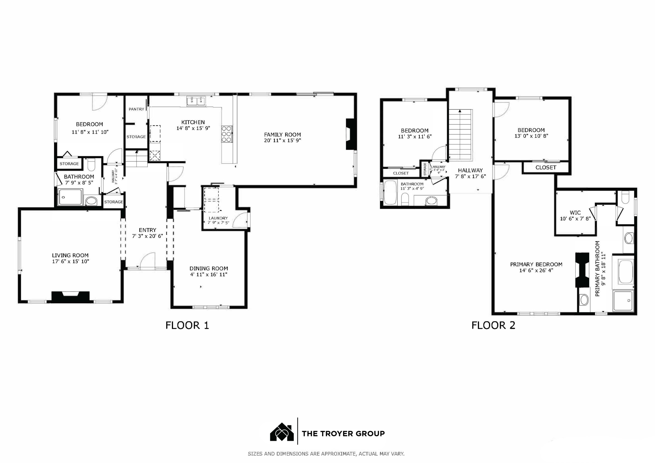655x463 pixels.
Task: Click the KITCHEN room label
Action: tap(193, 122)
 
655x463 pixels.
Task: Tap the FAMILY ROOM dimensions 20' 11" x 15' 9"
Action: tap(282, 140)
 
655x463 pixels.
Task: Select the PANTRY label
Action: tap(136, 109)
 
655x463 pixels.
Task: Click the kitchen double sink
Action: tap(196, 101)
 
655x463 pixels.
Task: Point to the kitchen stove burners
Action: tap(227, 134)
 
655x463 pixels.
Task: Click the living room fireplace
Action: tap(70, 297)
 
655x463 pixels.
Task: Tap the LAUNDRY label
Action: tap(218, 218)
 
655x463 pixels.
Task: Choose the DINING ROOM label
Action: tap(209, 268)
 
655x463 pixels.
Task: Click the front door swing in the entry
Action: tap(148, 260)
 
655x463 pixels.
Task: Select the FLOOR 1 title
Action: tap(187, 325)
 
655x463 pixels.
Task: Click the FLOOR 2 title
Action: tap(493, 325)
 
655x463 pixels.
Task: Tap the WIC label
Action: tap(575, 213)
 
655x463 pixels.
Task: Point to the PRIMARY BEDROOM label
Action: tap(536, 264)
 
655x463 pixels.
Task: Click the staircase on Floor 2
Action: tap(461, 134)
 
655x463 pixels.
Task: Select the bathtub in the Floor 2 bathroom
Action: tap(390, 192)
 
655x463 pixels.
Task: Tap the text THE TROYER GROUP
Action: tap(343, 434)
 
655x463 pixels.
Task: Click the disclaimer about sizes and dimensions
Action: tap(326, 453)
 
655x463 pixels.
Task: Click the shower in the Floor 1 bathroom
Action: tap(70, 197)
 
